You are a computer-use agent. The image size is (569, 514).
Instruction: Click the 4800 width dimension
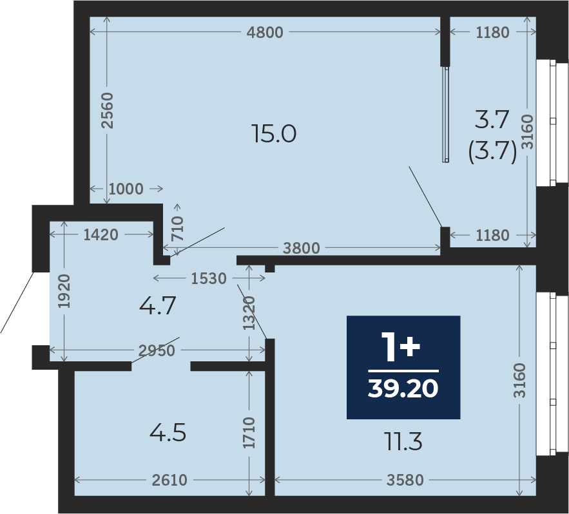[x=265, y=33]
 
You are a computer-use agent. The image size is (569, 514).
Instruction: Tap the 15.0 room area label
[x=274, y=133]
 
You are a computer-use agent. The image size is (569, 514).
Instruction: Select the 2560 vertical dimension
[x=108, y=110]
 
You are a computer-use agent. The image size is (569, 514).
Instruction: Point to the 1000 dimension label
[x=126, y=189]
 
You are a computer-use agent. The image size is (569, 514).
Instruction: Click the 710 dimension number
[x=178, y=229]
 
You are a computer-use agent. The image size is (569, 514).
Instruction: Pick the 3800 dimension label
[x=301, y=249]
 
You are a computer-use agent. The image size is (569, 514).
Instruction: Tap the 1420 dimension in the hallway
[x=101, y=235]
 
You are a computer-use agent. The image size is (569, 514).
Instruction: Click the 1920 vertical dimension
[x=64, y=292]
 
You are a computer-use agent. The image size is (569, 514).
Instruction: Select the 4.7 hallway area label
[x=157, y=305]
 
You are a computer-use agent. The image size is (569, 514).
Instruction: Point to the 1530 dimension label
[x=209, y=279]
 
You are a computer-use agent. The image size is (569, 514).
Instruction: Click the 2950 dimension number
[x=157, y=351]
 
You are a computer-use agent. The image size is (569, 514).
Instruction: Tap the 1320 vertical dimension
[x=249, y=313]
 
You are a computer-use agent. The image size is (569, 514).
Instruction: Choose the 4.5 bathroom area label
[x=168, y=433]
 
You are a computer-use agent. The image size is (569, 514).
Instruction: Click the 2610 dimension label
[x=169, y=481]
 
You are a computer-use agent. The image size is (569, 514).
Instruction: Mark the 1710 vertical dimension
[x=249, y=433]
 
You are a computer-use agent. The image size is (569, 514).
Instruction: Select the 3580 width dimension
[x=405, y=481]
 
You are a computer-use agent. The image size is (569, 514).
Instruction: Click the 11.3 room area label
[x=403, y=443]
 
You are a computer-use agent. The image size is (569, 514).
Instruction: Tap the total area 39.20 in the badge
[x=403, y=388]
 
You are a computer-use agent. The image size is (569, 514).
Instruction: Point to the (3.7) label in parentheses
[x=492, y=151]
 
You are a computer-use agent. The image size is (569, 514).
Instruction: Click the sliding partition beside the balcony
[x=446, y=114]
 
